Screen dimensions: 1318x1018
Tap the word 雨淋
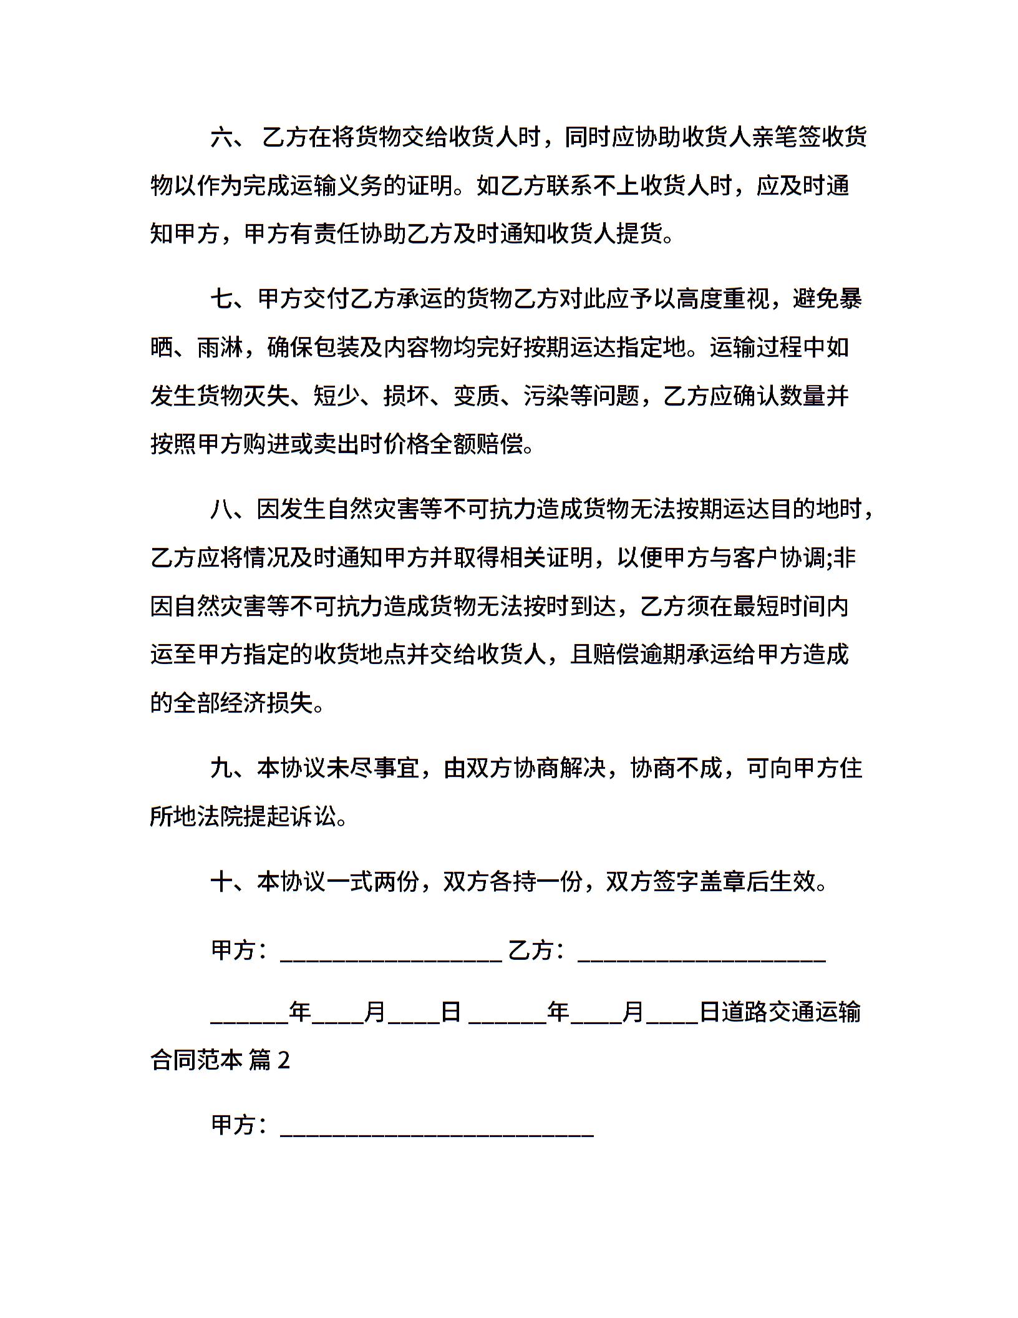point(220,348)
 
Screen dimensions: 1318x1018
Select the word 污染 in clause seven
point(547,396)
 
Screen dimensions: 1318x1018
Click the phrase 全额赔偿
point(477,444)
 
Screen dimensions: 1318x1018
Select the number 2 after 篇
point(283,1060)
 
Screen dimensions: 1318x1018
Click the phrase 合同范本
point(196,1060)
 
